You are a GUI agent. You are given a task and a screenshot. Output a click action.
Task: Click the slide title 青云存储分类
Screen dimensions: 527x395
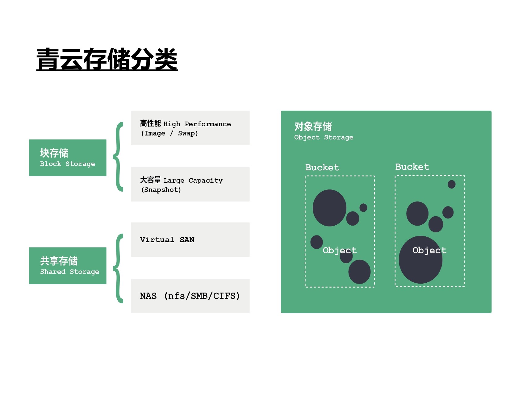click(x=107, y=59)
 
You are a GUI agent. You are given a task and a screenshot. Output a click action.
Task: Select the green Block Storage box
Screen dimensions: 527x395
click(x=68, y=158)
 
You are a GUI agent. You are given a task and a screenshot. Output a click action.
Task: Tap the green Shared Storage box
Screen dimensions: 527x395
click(x=68, y=266)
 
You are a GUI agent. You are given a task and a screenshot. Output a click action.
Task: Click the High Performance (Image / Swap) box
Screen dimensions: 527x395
click(x=190, y=128)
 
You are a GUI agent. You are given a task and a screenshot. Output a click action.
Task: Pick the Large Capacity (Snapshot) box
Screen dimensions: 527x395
click(x=190, y=184)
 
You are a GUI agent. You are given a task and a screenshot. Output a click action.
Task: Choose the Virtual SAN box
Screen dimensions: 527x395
click(x=190, y=239)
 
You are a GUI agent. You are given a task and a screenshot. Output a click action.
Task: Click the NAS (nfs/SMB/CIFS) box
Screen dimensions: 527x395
click(x=190, y=296)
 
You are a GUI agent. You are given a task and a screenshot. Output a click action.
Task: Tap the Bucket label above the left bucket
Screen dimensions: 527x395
click(x=322, y=168)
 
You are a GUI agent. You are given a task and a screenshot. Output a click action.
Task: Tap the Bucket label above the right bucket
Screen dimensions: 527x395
click(x=412, y=167)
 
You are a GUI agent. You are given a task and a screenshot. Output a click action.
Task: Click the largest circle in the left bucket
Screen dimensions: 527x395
click(x=329, y=208)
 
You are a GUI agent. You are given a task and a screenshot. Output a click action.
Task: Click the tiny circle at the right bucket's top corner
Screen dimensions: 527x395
click(x=451, y=184)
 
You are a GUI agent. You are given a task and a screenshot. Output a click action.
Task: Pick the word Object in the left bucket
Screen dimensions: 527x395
click(x=340, y=250)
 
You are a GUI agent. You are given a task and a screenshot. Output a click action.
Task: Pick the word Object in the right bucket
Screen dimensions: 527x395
click(x=429, y=250)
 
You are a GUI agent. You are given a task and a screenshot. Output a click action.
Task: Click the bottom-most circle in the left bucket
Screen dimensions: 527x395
click(x=359, y=272)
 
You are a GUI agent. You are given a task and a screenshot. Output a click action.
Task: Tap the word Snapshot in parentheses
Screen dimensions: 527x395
click(x=161, y=190)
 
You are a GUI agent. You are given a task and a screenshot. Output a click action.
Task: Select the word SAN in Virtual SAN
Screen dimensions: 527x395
click(x=187, y=240)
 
